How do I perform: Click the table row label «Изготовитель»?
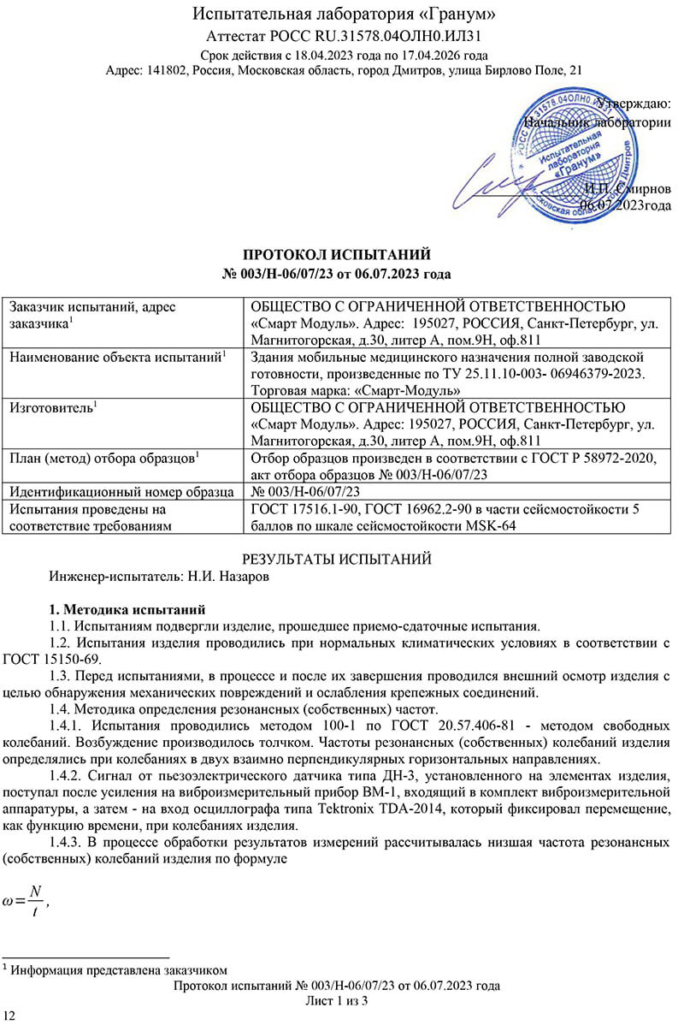pyautogui.click(x=51, y=407)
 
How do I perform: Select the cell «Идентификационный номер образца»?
pyautogui.click(x=121, y=491)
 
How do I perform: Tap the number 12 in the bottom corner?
pyautogui.click(x=9, y=1015)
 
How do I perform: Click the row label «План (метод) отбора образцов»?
pyautogui.click(x=103, y=458)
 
